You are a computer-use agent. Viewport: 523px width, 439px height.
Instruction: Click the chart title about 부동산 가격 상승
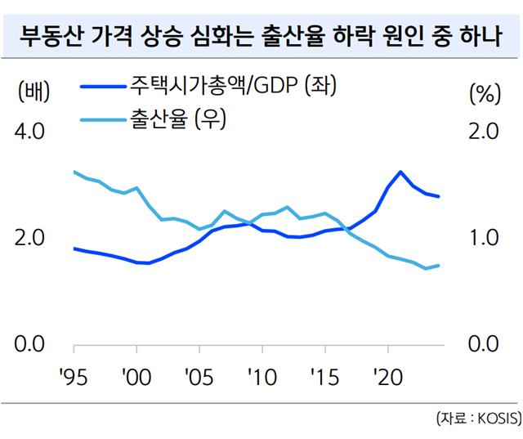(261, 37)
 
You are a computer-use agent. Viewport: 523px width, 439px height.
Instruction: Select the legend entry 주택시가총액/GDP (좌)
(232, 85)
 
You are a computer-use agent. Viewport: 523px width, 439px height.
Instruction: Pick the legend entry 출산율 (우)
(176, 121)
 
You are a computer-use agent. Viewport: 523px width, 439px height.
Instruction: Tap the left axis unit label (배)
(34, 92)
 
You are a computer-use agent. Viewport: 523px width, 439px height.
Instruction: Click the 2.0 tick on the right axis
(481, 132)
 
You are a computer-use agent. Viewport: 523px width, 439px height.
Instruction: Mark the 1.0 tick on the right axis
(481, 238)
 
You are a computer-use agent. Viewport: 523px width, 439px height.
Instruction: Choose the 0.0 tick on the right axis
(481, 344)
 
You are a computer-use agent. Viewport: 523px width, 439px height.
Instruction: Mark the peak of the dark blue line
(400, 172)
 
